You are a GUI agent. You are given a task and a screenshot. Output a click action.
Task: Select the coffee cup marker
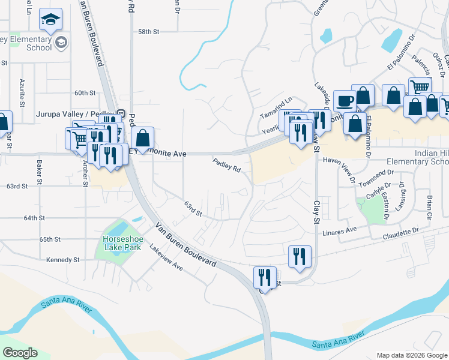(345, 101)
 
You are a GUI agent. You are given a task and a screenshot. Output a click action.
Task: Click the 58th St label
(148, 31)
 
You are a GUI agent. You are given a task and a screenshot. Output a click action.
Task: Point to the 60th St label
(85, 93)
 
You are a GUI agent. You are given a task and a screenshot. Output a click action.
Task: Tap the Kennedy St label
(63, 260)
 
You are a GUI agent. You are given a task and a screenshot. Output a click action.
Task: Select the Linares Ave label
(340, 230)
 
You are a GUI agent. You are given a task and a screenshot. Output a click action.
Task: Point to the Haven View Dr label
(339, 161)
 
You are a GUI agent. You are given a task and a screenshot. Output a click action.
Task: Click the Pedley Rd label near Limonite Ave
(226, 164)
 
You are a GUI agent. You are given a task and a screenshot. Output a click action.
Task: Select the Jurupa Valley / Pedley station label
(76, 113)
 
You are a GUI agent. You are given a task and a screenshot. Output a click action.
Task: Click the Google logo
(20, 353)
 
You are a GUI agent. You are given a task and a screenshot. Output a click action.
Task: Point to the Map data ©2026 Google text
(411, 355)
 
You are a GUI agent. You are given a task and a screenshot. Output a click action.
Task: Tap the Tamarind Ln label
(276, 103)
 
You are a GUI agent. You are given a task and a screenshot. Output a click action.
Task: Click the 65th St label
(50, 239)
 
